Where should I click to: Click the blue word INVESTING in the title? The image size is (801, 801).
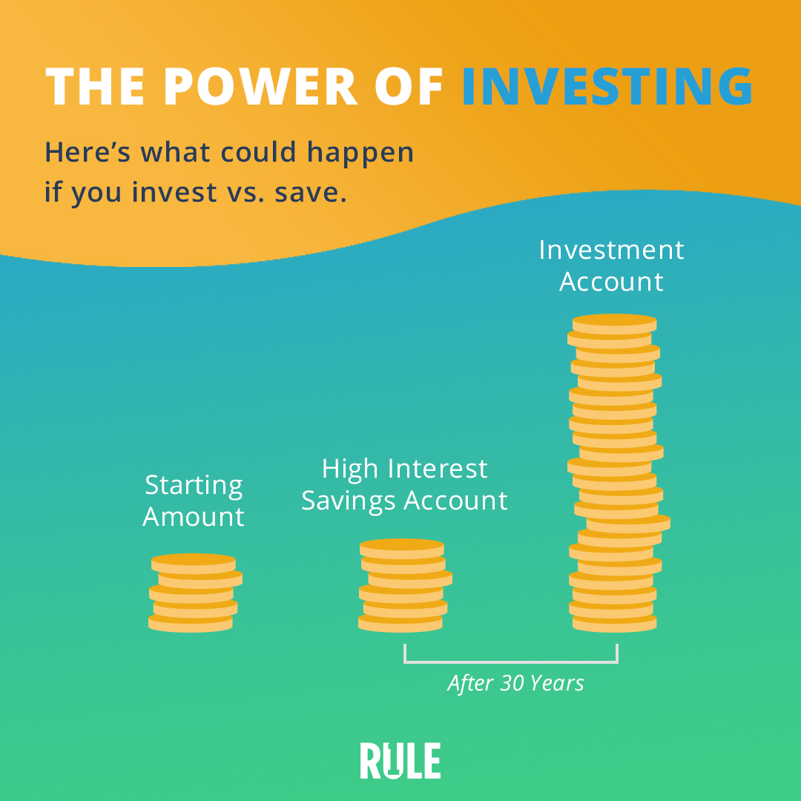coord(607,86)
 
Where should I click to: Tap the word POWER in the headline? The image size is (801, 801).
coord(260,86)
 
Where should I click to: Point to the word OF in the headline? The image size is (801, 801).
coord(409,86)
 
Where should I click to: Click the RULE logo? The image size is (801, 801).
coord(400,761)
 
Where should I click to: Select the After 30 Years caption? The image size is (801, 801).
coord(515,684)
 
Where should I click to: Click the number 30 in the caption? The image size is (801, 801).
coord(511,684)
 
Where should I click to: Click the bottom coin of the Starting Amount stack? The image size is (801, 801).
coord(191,623)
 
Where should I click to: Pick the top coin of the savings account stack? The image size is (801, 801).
coord(402,549)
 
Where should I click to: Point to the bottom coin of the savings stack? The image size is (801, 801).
coord(400,623)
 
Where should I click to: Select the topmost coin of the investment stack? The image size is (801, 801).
coord(615,324)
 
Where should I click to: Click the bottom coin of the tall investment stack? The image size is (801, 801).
coord(615,623)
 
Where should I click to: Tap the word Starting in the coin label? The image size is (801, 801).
coord(194,485)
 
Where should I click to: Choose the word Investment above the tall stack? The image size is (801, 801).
coord(611,251)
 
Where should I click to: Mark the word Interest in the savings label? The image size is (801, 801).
coord(438,469)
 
